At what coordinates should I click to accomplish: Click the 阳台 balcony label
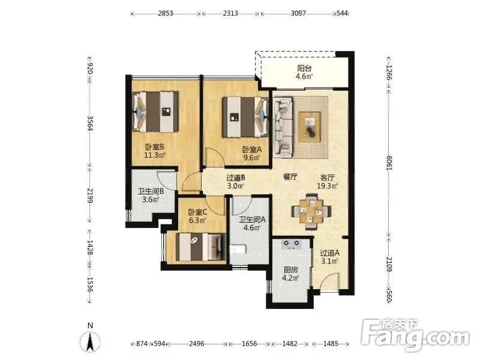point(304,68)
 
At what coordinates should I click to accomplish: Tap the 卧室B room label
point(155,147)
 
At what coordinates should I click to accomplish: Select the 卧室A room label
point(252,149)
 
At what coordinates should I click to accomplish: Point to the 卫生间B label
point(151,191)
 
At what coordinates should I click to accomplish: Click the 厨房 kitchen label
point(290,270)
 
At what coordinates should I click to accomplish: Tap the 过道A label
point(329,253)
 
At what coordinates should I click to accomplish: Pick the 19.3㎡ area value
point(327,186)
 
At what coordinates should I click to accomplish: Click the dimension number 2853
point(166,13)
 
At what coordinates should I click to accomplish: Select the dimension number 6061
point(389,163)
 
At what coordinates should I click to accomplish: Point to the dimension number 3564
point(90,123)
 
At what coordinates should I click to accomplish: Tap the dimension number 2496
point(197,344)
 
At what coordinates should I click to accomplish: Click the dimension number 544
point(342,13)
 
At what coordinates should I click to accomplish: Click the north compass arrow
point(90,341)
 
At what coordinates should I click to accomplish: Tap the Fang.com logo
point(415,335)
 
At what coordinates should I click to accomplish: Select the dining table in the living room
point(311,211)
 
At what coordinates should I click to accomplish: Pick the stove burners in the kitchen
point(292,244)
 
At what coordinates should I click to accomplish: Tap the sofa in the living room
point(283,126)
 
